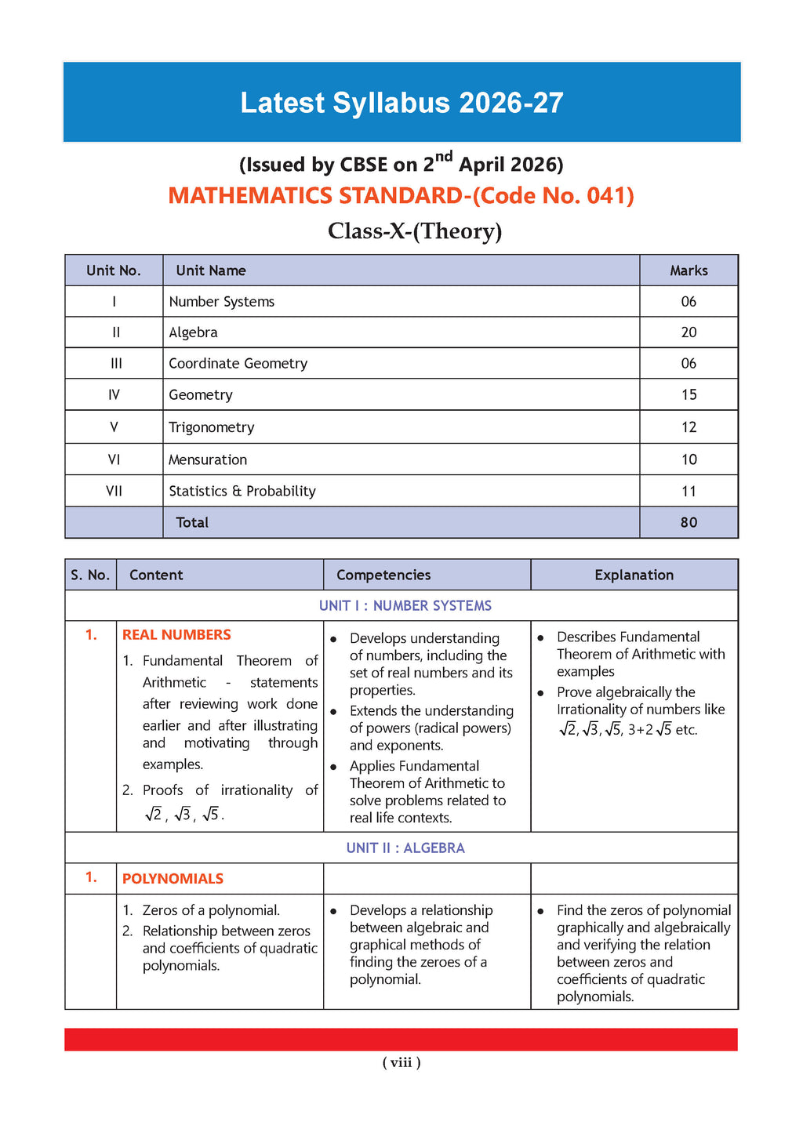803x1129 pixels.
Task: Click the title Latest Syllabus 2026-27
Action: pyautogui.click(x=401, y=103)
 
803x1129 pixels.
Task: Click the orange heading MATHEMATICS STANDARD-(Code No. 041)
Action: pyautogui.click(x=401, y=195)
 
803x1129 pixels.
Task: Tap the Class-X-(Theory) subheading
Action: pyautogui.click(x=415, y=231)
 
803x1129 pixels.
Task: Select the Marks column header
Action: pyautogui.click(x=689, y=270)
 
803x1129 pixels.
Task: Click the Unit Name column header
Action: pyautogui.click(x=211, y=270)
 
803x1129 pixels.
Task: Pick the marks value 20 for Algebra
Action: pyautogui.click(x=689, y=332)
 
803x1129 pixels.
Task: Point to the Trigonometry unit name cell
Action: pyautogui.click(x=212, y=427)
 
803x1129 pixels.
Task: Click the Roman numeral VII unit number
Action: pyautogui.click(x=114, y=491)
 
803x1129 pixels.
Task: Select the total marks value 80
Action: pyautogui.click(x=689, y=522)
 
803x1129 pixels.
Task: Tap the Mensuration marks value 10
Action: pyautogui.click(x=689, y=459)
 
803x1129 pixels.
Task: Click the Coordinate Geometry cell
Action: pyautogui.click(x=238, y=363)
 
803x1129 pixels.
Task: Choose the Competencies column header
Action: pyautogui.click(x=383, y=575)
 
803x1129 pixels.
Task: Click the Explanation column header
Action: pyautogui.click(x=634, y=575)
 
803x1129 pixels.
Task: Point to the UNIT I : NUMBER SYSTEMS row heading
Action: pyautogui.click(x=405, y=605)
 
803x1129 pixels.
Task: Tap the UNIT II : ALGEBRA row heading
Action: pyautogui.click(x=405, y=848)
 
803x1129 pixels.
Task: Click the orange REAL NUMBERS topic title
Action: pyautogui.click(x=176, y=634)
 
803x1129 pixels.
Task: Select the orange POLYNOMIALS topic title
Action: pyautogui.click(x=173, y=879)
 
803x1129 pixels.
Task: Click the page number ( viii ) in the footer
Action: pyautogui.click(x=401, y=1062)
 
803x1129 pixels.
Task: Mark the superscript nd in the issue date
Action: pyautogui.click(x=444, y=156)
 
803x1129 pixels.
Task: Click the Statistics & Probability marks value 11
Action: pyautogui.click(x=689, y=491)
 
